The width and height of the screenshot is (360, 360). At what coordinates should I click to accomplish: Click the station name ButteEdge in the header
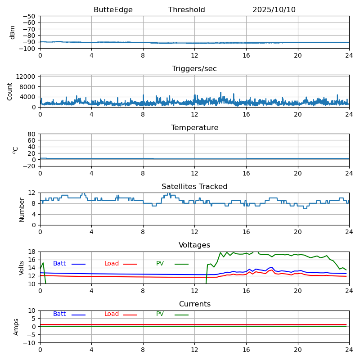[x=113, y=10]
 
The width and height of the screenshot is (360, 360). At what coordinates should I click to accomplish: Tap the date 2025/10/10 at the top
[x=274, y=10]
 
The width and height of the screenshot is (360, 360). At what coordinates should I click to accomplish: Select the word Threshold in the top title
[x=186, y=10]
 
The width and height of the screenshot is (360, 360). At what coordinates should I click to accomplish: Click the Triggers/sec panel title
[x=194, y=69]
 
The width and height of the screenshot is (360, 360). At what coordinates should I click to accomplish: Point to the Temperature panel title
[x=194, y=128]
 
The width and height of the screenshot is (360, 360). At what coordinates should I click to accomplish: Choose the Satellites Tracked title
[x=194, y=187]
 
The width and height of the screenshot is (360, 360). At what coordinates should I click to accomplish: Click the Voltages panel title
[x=194, y=245]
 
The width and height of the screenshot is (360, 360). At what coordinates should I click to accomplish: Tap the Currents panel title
[x=194, y=304]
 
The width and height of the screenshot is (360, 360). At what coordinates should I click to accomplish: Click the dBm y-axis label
[x=13, y=32]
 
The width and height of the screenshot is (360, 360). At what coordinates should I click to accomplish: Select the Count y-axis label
[x=10, y=91]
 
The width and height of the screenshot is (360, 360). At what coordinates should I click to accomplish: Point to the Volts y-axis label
[x=22, y=268]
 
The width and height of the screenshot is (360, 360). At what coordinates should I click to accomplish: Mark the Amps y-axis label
[x=16, y=327]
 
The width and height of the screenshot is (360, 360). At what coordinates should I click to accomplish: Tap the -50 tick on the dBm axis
[x=29, y=16]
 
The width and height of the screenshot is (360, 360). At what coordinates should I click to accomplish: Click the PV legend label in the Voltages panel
[x=161, y=264]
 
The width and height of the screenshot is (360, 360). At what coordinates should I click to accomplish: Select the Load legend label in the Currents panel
[x=112, y=314]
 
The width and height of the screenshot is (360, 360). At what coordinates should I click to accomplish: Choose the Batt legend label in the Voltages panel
[x=59, y=264]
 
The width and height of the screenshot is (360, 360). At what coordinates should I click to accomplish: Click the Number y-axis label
[x=22, y=209]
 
